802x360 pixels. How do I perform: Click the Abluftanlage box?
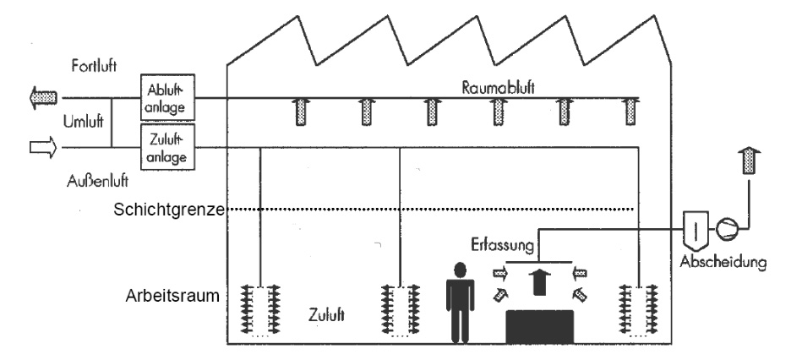pyautogui.click(x=167, y=97)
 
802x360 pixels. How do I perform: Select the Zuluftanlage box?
pyautogui.click(x=167, y=145)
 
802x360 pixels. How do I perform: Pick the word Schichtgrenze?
pyautogui.click(x=165, y=210)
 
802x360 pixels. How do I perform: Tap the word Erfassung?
pyautogui.click(x=502, y=247)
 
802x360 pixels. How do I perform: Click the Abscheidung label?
pyautogui.click(x=725, y=263)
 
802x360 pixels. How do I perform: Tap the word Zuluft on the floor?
pyautogui.click(x=324, y=314)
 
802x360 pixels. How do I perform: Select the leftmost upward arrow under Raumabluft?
pyautogui.click(x=300, y=112)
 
